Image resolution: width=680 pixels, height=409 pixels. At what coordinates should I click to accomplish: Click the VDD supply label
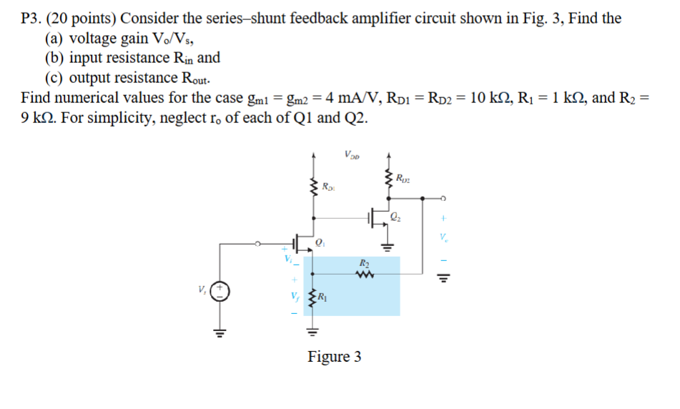tap(352, 153)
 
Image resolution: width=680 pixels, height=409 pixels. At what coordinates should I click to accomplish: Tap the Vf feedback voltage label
tap(293, 297)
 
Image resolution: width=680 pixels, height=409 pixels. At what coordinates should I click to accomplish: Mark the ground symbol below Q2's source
tap(388, 247)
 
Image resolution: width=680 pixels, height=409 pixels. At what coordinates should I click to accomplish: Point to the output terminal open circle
tap(444, 198)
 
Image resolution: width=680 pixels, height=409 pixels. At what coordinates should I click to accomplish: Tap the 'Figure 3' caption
tap(334, 356)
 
